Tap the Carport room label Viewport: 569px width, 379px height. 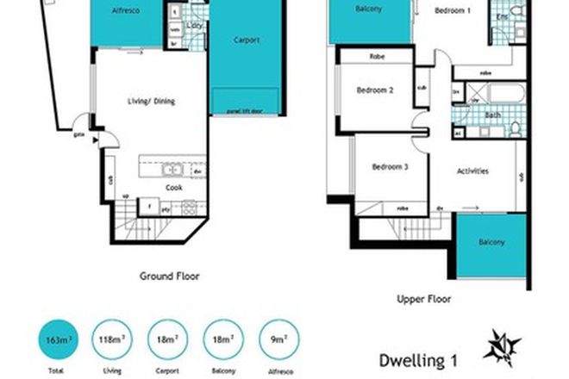246,40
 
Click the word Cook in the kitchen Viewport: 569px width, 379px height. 173,186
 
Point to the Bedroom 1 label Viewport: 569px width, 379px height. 452,11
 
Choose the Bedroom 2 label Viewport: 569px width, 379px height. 374,90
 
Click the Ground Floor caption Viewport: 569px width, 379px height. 169,276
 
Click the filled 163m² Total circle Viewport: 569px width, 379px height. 55,341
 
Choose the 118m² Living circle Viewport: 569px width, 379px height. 109,341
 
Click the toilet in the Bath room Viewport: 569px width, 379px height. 515,127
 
